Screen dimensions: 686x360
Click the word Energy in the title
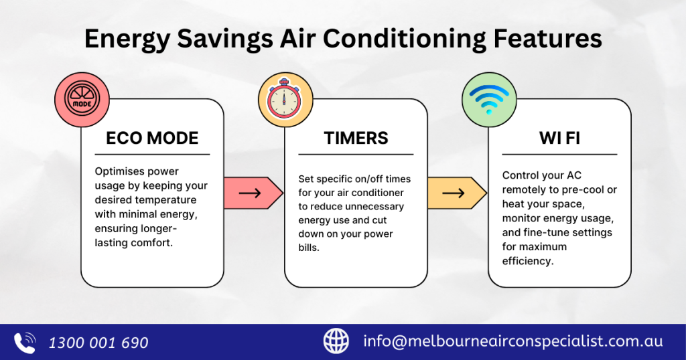pos(127,39)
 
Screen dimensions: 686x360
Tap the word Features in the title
pos(548,38)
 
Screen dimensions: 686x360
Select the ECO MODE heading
pos(152,138)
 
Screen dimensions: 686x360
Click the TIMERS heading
pos(356,138)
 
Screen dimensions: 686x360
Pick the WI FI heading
pos(559,138)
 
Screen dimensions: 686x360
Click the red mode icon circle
pos(82,100)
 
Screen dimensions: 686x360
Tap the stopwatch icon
pos(284,99)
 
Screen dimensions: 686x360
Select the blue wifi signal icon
pos(489,99)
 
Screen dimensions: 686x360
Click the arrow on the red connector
pos(250,193)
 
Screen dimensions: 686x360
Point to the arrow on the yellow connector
pos(454,193)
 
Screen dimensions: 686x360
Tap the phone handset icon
pos(25,343)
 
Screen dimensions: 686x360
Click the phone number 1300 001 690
pos(98,343)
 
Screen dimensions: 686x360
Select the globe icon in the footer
pos(336,341)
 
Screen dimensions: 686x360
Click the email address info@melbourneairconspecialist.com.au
pos(512,341)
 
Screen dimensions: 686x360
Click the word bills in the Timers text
pos(309,248)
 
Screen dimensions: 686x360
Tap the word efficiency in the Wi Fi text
pos(528,261)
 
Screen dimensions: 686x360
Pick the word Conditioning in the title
pos(405,39)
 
